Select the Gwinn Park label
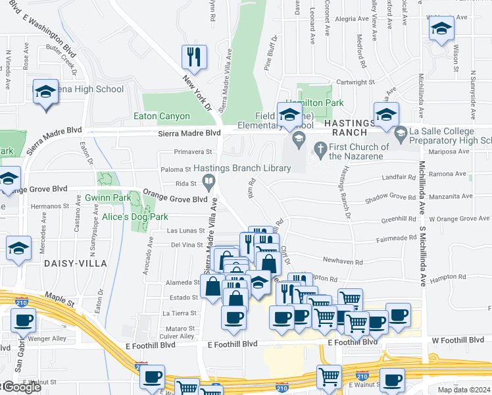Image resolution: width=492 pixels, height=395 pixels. (107, 197)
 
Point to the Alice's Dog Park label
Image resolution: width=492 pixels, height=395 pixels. (135, 217)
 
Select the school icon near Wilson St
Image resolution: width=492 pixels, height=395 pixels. (441, 28)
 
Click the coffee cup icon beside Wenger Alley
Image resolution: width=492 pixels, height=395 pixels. (23, 321)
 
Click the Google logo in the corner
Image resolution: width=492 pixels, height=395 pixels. (21, 387)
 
